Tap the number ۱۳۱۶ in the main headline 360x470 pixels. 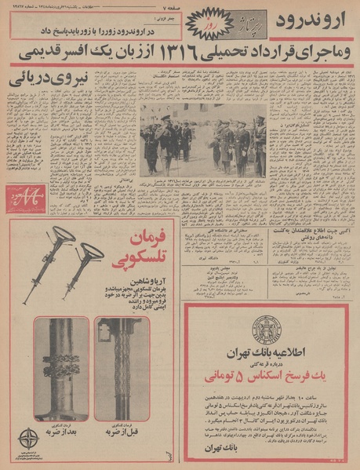(x=195, y=56)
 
